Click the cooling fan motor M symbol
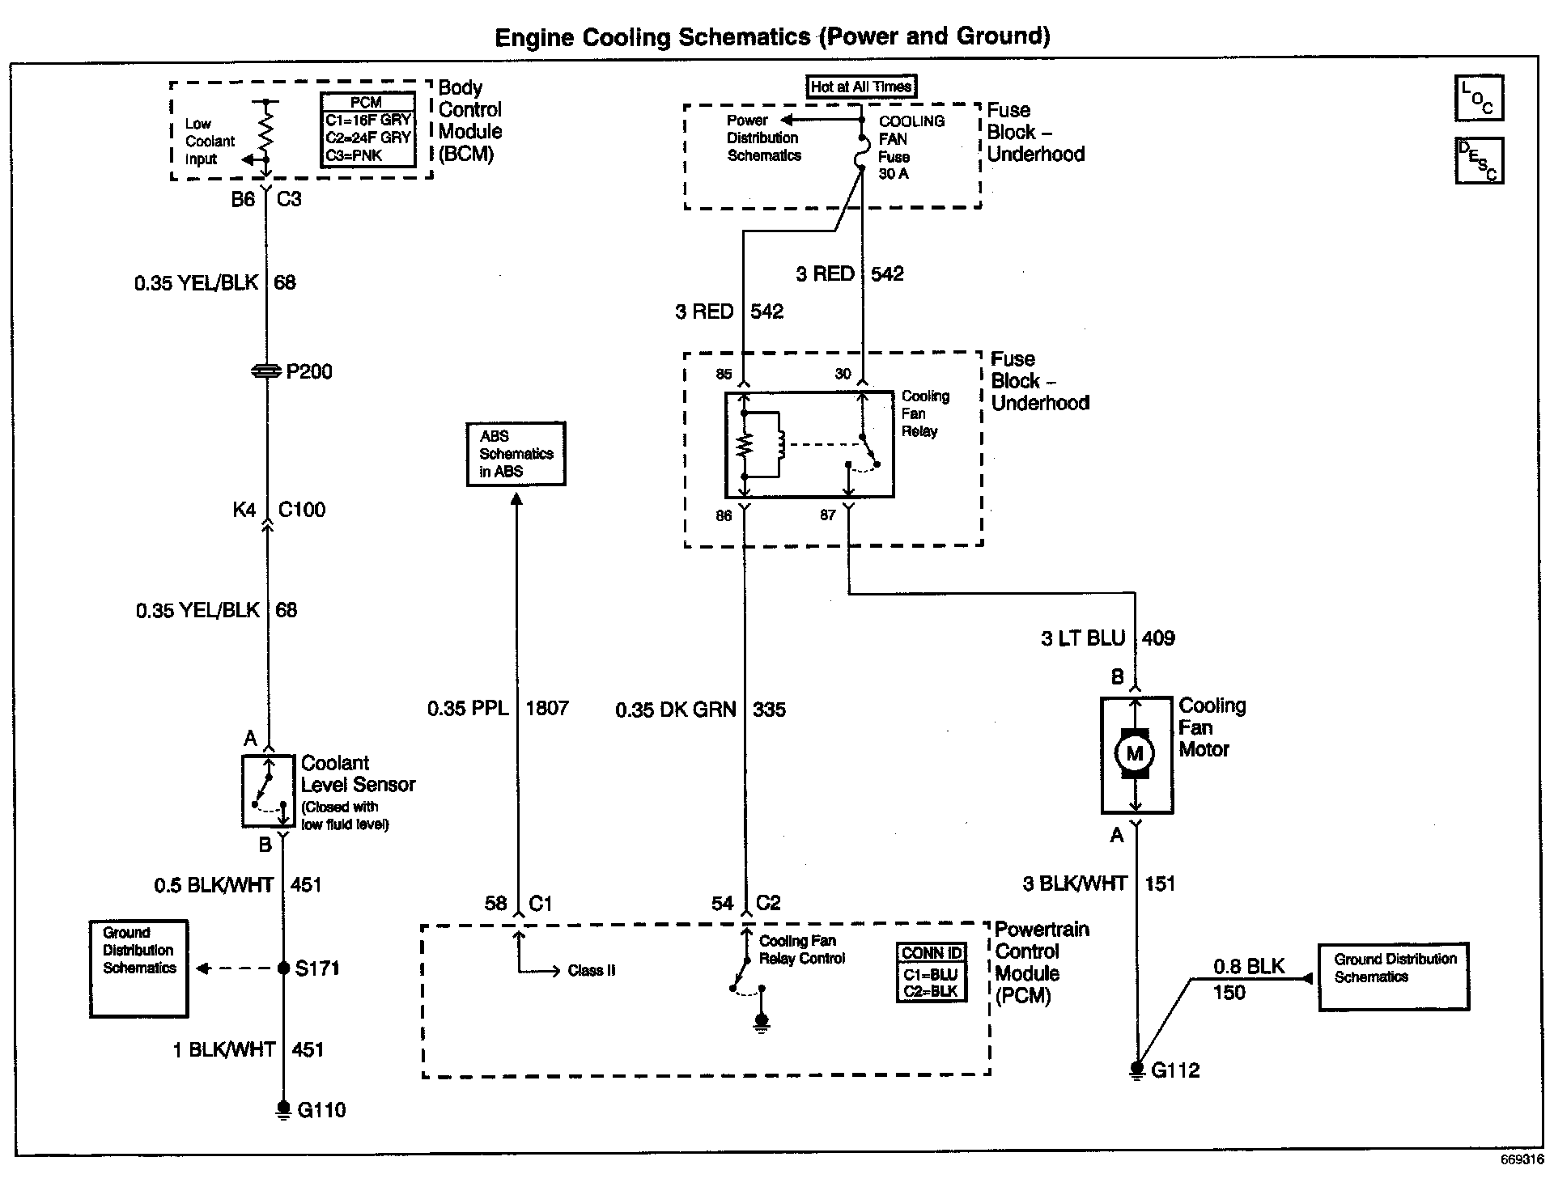pyautogui.click(x=1135, y=754)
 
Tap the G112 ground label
pyautogui.click(x=1174, y=1070)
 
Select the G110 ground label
pyautogui.click(x=321, y=1109)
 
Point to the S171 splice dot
pyautogui.click(x=283, y=968)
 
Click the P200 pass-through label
pyautogui.click(x=309, y=371)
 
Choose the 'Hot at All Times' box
pyautogui.click(x=861, y=87)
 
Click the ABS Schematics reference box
pyautogui.click(x=516, y=454)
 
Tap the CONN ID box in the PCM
pyautogui.click(x=932, y=972)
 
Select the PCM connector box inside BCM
pyautogui.click(x=367, y=129)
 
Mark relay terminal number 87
pyautogui.click(x=827, y=515)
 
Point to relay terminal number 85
pyautogui.click(x=724, y=374)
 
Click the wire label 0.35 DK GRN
pyautogui.click(x=676, y=710)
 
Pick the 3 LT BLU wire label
pyautogui.click(x=1082, y=638)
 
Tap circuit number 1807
pyautogui.click(x=547, y=709)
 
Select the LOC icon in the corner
pyautogui.click(x=1479, y=99)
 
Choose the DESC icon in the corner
pyautogui.click(x=1479, y=160)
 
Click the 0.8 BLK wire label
pyautogui.click(x=1248, y=966)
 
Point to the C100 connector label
pyautogui.click(x=301, y=510)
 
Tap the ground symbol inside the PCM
pyautogui.click(x=761, y=1023)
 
